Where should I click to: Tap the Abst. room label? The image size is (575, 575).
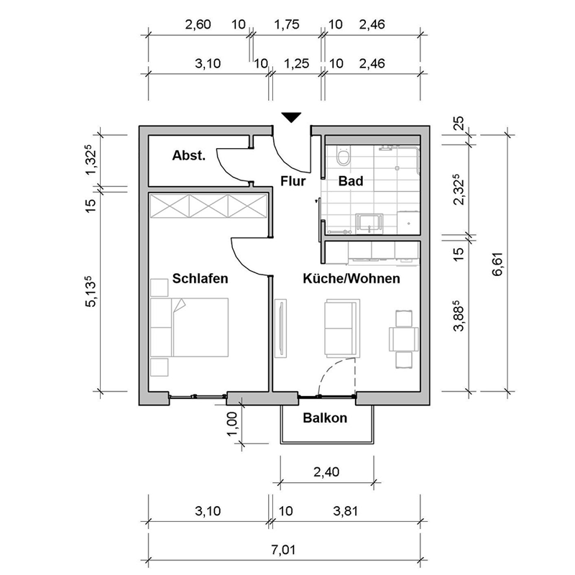pyautogui.click(x=189, y=155)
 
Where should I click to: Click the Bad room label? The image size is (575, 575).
pyautogui.click(x=351, y=181)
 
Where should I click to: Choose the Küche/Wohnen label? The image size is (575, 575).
pyautogui.click(x=351, y=278)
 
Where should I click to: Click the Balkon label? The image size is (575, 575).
pyautogui.click(x=325, y=418)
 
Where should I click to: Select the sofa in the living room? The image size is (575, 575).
pyautogui.click(x=342, y=327)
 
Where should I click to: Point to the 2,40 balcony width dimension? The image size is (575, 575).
pyautogui.click(x=328, y=471)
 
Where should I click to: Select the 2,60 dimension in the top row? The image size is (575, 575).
pyautogui.click(x=198, y=25)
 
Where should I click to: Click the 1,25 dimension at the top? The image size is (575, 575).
pyautogui.click(x=296, y=64)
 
